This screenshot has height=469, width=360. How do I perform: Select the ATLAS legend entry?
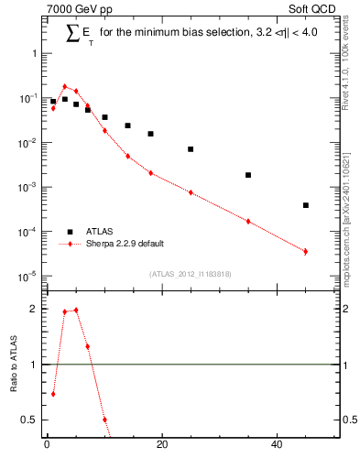99,232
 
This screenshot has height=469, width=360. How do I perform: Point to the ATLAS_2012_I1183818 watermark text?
190,272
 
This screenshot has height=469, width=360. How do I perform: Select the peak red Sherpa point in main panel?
65,86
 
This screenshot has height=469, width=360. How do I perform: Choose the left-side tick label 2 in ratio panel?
34,309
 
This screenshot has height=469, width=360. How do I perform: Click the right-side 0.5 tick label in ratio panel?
347,420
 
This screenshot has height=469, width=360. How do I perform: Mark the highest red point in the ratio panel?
76,310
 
